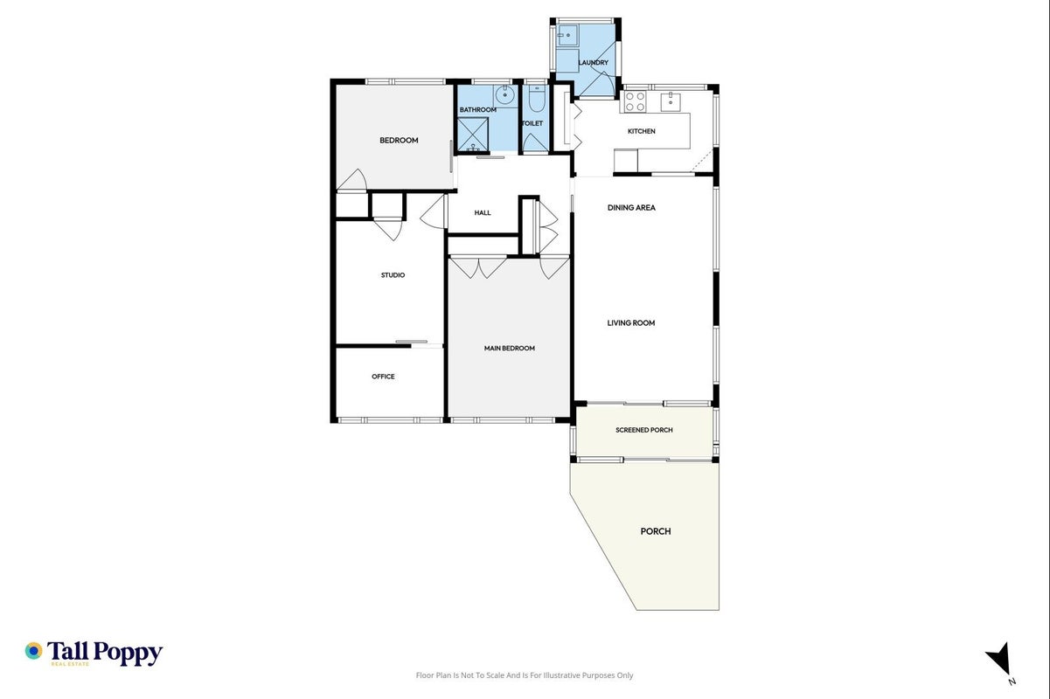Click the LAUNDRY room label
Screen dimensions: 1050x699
point(593,62)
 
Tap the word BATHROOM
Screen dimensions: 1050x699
point(477,109)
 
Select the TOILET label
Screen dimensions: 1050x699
point(532,123)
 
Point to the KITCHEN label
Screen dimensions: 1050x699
point(641,131)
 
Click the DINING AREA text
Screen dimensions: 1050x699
point(631,208)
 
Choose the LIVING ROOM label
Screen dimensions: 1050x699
point(631,322)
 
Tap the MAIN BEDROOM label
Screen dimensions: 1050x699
point(509,348)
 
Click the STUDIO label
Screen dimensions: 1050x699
point(393,275)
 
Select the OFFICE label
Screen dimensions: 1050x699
point(383,377)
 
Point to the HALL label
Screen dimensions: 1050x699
point(483,212)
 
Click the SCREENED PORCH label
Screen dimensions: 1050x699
point(644,430)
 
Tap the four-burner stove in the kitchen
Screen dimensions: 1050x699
point(635,102)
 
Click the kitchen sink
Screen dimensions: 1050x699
point(671,101)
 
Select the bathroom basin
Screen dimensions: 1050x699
point(505,95)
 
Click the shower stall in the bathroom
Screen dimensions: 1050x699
point(472,134)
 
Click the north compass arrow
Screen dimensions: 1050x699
point(999,658)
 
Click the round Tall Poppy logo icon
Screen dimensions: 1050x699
point(33,651)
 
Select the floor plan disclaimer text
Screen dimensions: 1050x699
point(525,675)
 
